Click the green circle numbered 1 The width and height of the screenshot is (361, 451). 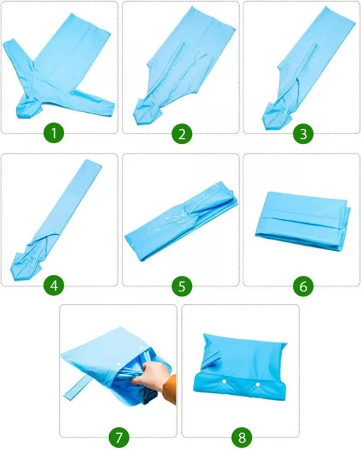tap(54, 134)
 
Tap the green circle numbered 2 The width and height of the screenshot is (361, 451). tap(182, 134)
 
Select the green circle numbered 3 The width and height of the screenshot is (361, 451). tap(303, 134)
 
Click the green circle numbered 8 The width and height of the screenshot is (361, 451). tap(241, 437)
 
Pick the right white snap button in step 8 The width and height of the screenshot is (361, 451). tap(258, 384)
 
